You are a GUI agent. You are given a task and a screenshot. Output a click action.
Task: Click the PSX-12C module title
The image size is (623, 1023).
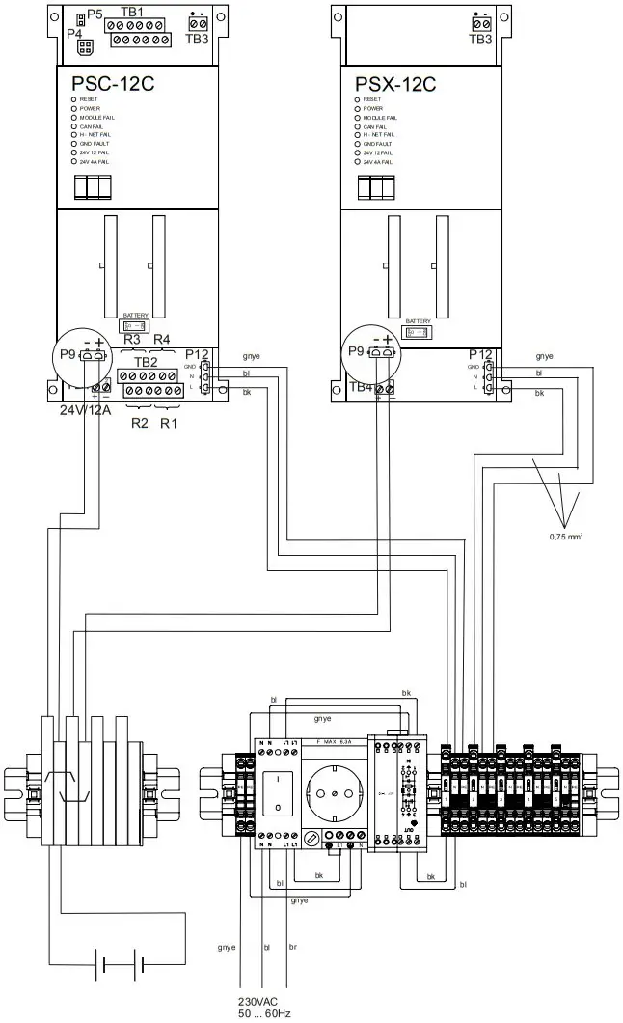click(395, 83)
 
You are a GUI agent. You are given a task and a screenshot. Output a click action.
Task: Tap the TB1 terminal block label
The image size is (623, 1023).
click(131, 12)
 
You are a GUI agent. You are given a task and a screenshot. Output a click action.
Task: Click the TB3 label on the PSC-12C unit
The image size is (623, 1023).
click(197, 39)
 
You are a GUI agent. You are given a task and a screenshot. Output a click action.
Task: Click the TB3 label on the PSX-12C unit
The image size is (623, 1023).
click(479, 39)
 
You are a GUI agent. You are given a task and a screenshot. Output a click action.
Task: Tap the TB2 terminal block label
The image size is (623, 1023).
click(147, 362)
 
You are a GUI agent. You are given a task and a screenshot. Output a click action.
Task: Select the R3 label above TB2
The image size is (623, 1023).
click(132, 339)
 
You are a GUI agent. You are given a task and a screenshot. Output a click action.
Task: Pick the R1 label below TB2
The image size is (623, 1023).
click(170, 423)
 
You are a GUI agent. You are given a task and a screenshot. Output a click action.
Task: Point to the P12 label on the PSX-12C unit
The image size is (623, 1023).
click(480, 354)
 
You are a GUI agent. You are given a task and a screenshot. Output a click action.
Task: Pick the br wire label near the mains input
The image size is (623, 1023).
click(292, 948)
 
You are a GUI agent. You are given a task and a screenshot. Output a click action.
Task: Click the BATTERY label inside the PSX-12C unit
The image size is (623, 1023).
click(418, 321)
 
